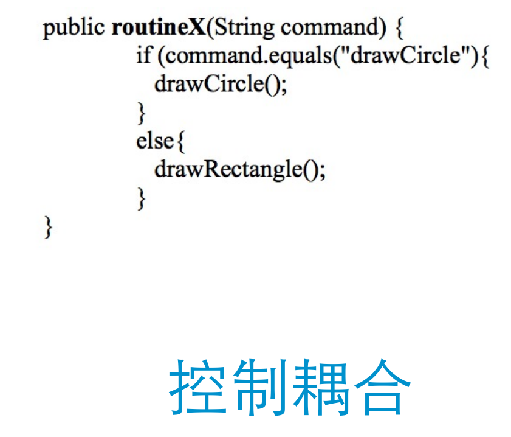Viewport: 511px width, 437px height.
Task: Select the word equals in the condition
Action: coord(301,57)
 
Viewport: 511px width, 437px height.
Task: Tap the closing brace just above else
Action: coord(142,113)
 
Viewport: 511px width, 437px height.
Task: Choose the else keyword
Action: coord(155,141)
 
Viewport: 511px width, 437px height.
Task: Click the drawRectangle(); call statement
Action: coord(240,170)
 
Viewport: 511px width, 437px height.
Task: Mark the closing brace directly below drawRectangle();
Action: coord(142,198)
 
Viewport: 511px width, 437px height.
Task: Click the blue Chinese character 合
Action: coord(380,385)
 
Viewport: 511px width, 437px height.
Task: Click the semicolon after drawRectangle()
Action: coord(323,171)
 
